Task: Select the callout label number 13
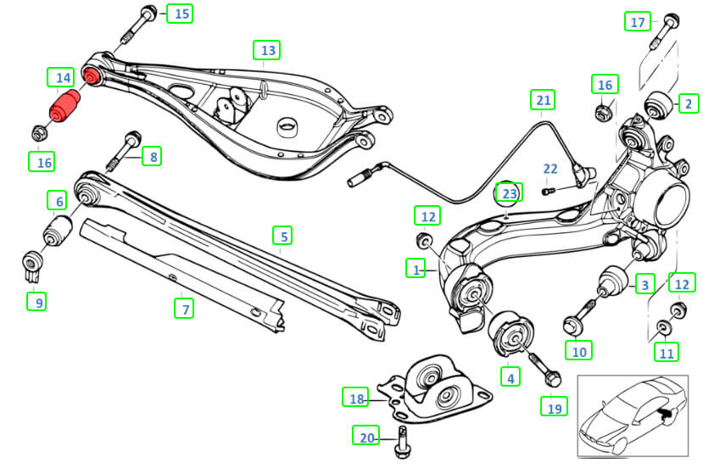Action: (268, 51)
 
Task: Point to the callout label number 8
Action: (153, 156)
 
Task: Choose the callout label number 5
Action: (282, 235)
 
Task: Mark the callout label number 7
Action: (183, 309)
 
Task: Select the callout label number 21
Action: (543, 101)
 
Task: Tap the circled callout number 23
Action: (508, 194)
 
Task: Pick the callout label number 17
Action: (639, 22)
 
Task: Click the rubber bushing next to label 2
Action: (660, 105)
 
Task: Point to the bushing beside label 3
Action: (613, 281)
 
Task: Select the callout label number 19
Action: (554, 408)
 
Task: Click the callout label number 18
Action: (356, 397)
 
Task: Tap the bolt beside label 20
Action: (401, 440)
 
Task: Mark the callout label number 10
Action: (579, 350)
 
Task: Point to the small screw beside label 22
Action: (548, 190)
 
